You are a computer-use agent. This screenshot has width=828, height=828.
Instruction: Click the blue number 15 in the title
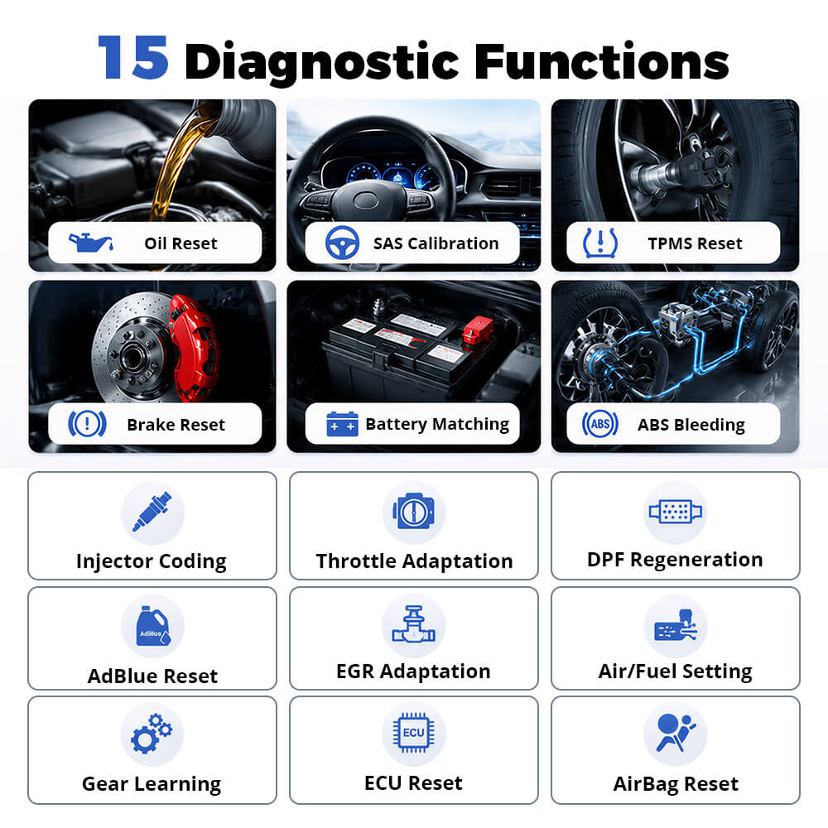(133, 58)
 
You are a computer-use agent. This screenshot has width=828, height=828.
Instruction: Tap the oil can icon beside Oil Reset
(90, 243)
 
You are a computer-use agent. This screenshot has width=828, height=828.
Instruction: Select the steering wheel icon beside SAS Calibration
(342, 243)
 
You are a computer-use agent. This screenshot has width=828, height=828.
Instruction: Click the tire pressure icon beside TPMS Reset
(600, 243)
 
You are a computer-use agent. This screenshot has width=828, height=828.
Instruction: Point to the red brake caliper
(193, 348)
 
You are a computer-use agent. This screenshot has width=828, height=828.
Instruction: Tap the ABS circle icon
(600, 423)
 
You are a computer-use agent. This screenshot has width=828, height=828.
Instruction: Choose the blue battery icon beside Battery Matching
(342, 424)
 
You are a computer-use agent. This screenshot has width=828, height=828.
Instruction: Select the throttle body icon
(414, 511)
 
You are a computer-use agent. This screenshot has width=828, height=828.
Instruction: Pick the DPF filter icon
(676, 511)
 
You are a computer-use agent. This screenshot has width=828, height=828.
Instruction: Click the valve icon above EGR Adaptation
(414, 624)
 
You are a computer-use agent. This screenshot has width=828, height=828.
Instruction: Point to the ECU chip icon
(414, 733)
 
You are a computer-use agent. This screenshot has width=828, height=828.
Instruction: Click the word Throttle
(356, 561)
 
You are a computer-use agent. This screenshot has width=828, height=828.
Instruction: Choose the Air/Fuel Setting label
(676, 672)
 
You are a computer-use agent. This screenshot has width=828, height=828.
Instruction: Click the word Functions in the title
(602, 62)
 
